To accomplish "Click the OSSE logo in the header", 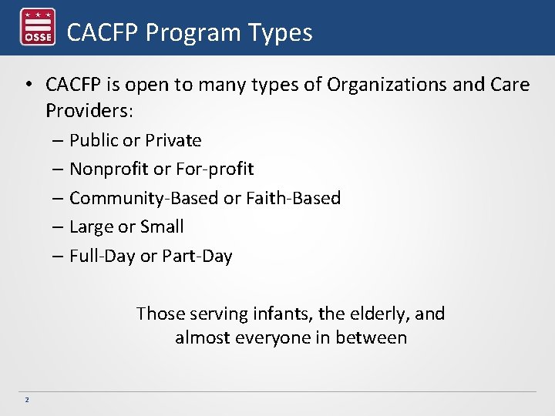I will click(37, 28).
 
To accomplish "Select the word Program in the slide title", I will click(192, 32).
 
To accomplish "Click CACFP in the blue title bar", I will click(103, 32).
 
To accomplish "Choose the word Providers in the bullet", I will click(88, 111).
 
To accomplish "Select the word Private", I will click(173, 140).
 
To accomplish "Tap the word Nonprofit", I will click(107, 169).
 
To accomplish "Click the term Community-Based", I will click(144, 198).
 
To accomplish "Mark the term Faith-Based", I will click(293, 198).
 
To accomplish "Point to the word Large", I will click(89, 226).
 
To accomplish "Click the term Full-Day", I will click(102, 256).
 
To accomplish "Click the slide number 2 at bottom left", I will click(26, 399).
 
